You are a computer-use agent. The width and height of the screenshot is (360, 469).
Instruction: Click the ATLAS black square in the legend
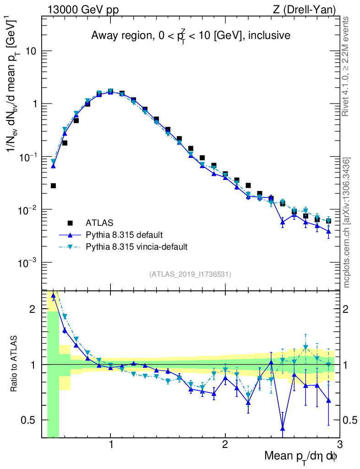(70, 223)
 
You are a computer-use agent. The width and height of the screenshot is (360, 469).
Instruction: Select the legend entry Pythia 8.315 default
(124, 235)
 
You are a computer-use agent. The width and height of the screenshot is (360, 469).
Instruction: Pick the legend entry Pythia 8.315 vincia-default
(136, 247)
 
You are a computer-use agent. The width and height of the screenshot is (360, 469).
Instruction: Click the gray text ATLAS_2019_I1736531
(190, 274)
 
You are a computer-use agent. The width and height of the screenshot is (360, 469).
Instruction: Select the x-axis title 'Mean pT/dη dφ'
(301, 456)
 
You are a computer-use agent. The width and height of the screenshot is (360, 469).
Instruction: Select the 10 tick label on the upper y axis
(30, 51)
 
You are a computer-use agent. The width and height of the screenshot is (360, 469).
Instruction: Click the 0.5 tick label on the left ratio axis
(30, 420)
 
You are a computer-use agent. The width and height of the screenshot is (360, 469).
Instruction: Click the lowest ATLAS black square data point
(53, 185)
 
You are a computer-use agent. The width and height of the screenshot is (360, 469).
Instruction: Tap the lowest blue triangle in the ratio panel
(283, 428)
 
